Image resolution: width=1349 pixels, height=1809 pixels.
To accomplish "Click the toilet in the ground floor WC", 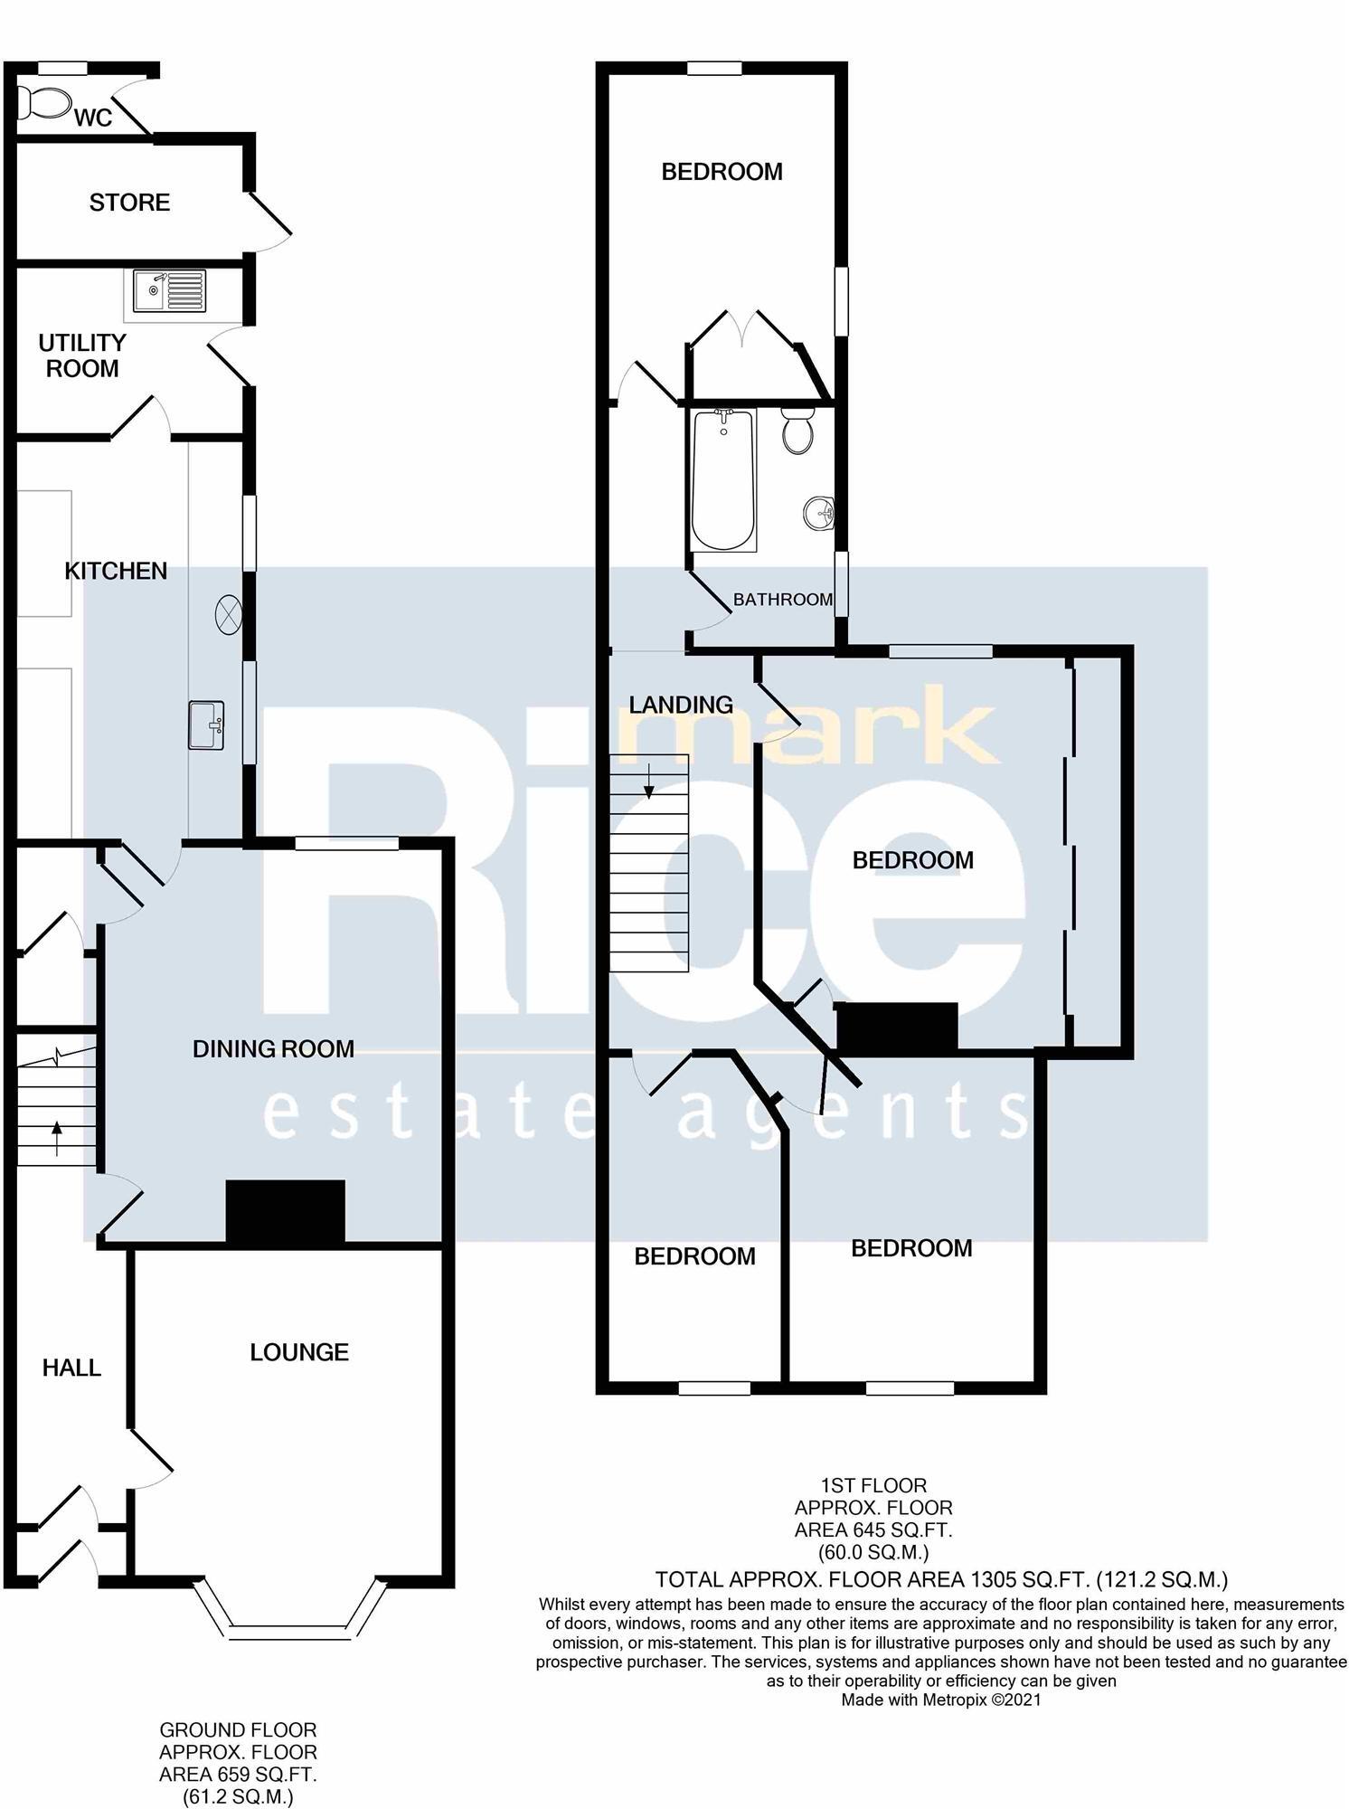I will [x=45, y=102].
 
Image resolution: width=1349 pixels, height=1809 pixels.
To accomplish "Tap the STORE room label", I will [x=129, y=202].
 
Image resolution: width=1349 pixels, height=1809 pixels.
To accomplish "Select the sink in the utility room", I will [x=169, y=290].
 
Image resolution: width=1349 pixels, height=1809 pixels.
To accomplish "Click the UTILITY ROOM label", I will [x=82, y=355].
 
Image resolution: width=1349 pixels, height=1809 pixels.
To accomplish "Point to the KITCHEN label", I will [x=116, y=571].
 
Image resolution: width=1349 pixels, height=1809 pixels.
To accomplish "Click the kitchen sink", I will [x=207, y=725].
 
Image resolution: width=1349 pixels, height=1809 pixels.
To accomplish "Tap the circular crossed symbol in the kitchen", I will [x=229, y=615].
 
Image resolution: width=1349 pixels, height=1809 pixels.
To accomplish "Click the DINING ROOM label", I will [x=273, y=1048].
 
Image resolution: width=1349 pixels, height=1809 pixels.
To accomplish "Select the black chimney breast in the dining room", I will [x=285, y=1211].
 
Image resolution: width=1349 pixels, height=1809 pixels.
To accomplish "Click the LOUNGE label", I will [x=299, y=1351].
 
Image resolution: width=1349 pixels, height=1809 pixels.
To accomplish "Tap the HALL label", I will [x=71, y=1368].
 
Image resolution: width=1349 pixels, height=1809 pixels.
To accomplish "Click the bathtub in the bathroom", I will [x=723, y=479].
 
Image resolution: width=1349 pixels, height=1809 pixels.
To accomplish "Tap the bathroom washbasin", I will [x=819, y=515].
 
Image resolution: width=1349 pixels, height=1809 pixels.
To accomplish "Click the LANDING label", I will [x=681, y=704].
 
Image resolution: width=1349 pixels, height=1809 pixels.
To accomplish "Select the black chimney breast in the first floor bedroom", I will [x=897, y=1027].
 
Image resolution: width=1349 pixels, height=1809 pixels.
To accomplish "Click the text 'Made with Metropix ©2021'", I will [x=941, y=1700].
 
